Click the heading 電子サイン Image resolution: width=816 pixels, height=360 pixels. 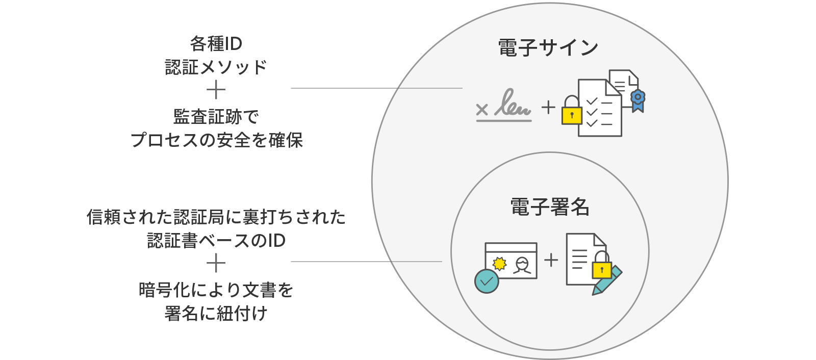(548, 48)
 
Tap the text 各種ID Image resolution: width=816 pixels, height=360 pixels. (216, 44)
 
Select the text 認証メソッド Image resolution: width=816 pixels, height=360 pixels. (216, 67)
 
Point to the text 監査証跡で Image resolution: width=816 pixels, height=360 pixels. (216, 117)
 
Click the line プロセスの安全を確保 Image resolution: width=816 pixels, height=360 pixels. (216, 140)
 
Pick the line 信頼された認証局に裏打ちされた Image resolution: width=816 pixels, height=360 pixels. (216, 217)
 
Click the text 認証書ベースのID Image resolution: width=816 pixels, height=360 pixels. (216, 241)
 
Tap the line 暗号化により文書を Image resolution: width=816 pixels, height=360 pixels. (216, 290)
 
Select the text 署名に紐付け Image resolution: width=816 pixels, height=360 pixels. (216, 313)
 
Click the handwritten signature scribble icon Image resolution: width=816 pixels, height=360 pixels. (513, 104)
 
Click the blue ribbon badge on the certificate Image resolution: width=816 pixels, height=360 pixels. (637, 100)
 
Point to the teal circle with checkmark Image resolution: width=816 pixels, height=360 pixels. (487, 281)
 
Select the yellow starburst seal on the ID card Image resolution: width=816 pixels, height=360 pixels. (500, 264)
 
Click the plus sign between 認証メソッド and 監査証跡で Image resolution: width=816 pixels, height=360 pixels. (216, 91)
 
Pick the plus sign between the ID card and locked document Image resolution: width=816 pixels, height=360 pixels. (551, 260)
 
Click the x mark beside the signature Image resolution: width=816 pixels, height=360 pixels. (482, 109)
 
